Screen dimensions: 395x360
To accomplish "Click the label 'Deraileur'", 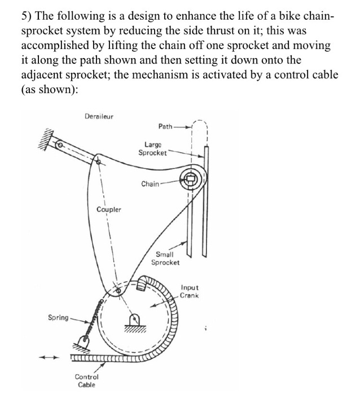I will click(99, 116).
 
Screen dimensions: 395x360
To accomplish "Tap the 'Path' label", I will click(164, 127).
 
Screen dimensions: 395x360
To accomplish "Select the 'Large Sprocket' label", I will click(153, 148).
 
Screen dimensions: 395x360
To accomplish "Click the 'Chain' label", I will click(150, 183).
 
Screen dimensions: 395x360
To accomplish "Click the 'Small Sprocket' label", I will click(165, 258).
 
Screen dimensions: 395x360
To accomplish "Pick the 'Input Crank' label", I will click(190, 291).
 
